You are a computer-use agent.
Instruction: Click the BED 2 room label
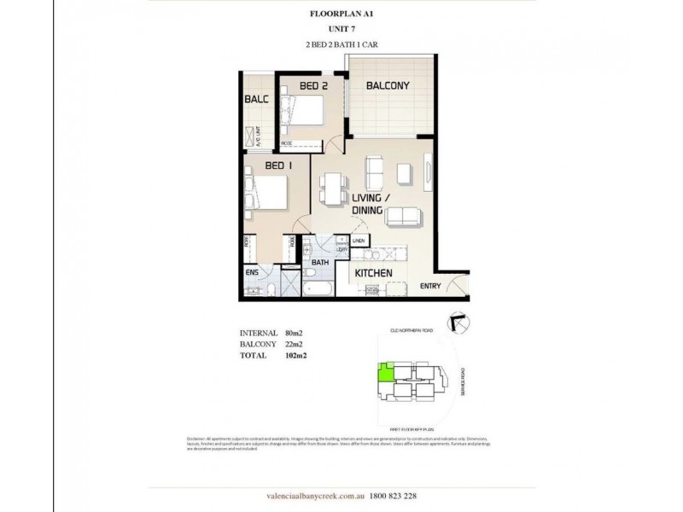coord(313,86)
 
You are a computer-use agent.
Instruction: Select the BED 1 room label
coord(279,165)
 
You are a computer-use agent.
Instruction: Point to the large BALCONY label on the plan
coord(388,85)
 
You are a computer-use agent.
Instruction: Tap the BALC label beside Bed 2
coord(257,99)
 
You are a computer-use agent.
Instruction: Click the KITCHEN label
coord(373,273)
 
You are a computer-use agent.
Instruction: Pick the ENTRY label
coord(431,286)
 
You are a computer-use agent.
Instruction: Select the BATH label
coord(320,262)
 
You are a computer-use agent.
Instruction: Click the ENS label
coord(252,272)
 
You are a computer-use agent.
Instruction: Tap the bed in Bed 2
coord(307,112)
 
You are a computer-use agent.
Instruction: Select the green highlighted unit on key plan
coord(386,371)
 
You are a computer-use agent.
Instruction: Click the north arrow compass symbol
coord(458,320)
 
